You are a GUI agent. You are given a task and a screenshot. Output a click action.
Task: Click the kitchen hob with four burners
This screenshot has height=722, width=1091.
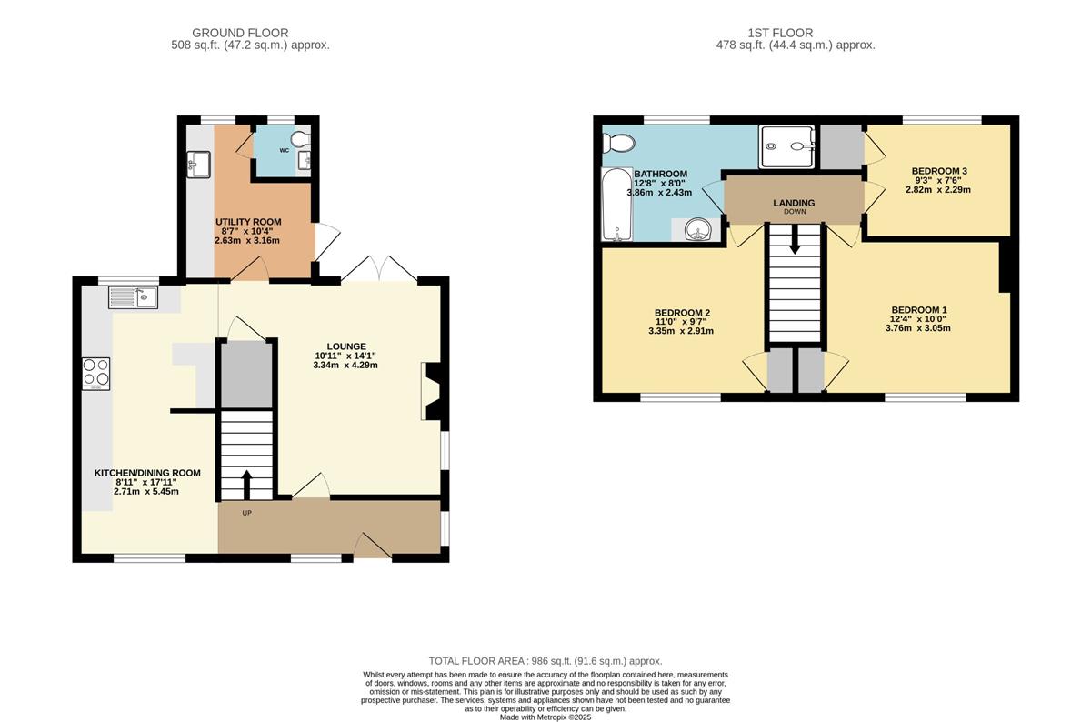tap(96, 374)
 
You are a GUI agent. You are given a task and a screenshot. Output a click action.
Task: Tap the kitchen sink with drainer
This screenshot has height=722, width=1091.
tap(133, 297)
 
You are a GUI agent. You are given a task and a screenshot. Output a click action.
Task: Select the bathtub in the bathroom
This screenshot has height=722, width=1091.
tap(617, 204)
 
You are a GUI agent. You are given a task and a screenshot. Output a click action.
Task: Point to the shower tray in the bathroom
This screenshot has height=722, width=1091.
tap(786, 146)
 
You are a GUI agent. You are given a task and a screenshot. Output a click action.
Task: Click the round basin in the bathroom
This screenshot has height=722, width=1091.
tap(698, 229)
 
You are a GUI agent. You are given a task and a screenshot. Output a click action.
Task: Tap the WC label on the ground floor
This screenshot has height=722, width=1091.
tap(285, 151)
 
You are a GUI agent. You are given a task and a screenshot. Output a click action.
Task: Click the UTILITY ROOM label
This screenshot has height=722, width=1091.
tap(248, 222)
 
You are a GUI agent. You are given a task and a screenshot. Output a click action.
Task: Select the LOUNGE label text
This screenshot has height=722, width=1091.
tap(346, 346)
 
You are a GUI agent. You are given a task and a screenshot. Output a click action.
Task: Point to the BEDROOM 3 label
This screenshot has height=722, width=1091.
tap(939, 171)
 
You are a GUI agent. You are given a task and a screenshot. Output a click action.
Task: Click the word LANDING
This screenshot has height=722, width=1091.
tap(794, 203)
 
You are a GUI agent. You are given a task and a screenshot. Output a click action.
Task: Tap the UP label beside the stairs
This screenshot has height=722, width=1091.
tap(247, 513)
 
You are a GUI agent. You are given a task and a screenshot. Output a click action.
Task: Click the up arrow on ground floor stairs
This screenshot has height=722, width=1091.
tap(246, 485)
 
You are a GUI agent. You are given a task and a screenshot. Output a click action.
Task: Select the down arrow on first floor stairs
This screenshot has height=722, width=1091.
tap(795, 239)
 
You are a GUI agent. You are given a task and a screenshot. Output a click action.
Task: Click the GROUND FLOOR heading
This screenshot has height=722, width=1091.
tap(240, 33)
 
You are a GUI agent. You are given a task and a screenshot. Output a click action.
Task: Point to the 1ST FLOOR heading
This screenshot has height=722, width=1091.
tap(780, 33)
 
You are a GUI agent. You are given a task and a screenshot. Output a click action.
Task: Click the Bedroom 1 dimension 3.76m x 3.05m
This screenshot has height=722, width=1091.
tap(917, 328)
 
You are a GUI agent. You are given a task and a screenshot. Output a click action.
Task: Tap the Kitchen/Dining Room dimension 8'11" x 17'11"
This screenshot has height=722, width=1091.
tap(146, 482)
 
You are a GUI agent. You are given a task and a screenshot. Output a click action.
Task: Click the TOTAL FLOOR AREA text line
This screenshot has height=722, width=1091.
tap(545, 661)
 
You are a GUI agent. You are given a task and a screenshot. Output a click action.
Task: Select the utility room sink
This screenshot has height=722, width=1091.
tap(199, 164)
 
